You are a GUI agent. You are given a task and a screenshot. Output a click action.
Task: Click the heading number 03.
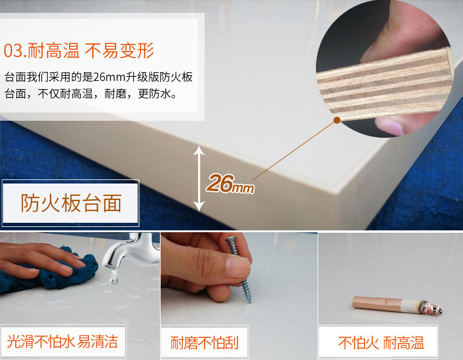tap(15, 50)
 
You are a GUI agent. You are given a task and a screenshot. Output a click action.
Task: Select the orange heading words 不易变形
tap(120, 50)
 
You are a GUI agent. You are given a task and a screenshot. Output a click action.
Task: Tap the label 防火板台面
tap(71, 203)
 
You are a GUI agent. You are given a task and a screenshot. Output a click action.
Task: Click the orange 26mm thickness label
tap(230, 184)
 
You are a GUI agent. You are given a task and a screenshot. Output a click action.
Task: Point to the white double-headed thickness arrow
tap(199, 179)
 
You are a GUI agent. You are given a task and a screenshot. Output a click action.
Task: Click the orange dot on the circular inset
tap(337, 120)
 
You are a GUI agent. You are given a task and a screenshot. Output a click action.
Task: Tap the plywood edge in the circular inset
tap(384, 84)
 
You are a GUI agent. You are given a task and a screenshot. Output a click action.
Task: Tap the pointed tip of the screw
tap(250, 301)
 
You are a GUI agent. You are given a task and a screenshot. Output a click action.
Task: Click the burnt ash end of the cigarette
tap(431, 308)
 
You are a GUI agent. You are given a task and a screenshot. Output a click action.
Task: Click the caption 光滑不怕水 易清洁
tap(62, 342)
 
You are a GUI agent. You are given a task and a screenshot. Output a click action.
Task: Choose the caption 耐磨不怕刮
tap(205, 342)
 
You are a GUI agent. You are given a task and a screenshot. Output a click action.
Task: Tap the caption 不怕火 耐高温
tap(381, 343)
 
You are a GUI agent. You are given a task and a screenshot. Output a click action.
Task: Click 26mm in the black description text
tap(109, 77)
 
